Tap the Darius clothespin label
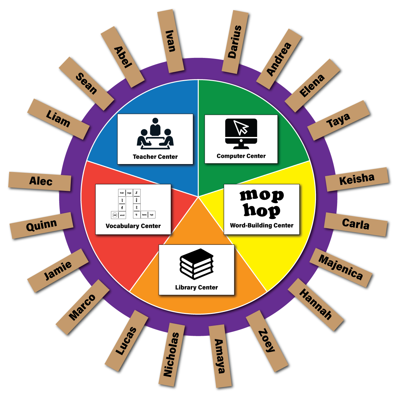click(x=235, y=42)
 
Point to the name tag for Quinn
click(x=41, y=226)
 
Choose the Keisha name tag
click(x=357, y=179)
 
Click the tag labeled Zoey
click(x=267, y=341)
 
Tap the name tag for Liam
click(x=58, y=119)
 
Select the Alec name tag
click(x=40, y=181)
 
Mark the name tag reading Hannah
click(x=316, y=304)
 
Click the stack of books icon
click(x=197, y=264)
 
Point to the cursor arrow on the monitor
click(x=241, y=127)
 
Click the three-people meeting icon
click(x=155, y=133)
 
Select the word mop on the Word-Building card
click(x=262, y=196)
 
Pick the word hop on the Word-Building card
click(x=262, y=210)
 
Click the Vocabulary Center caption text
click(x=133, y=226)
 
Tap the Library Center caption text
click(x=197, y=287)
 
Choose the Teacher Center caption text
click(x=155, y=157)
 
